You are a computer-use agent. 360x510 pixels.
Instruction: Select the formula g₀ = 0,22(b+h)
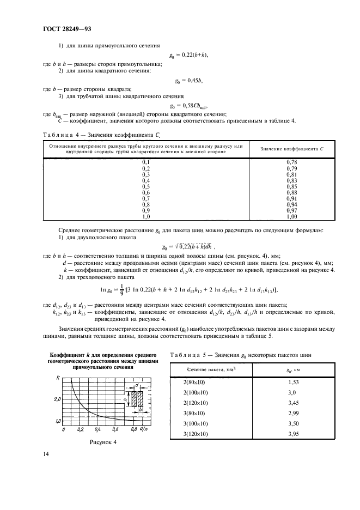tap(190, 55)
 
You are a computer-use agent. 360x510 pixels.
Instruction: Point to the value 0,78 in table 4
tap(291, 162)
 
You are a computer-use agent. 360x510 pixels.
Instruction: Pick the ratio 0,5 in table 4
tap(146, 186)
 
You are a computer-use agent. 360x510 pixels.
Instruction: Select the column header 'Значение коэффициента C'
tap(292, 149)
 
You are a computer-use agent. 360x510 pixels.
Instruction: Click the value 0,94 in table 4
tap(291, 204)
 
